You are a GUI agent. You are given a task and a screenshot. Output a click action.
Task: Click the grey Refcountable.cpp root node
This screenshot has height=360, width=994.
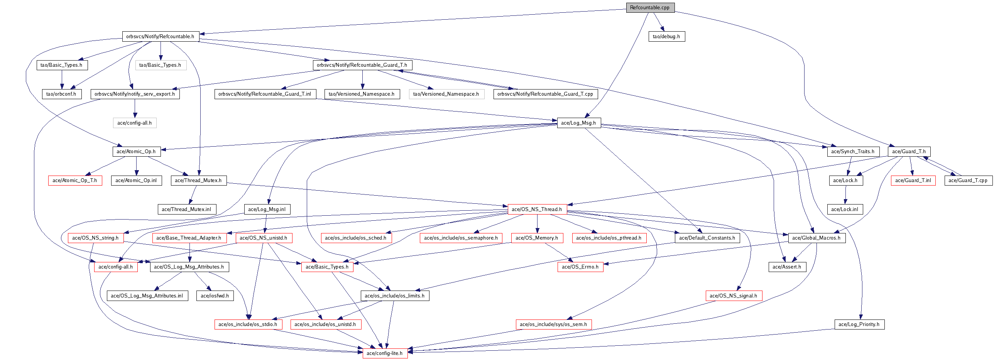tap(650, 8)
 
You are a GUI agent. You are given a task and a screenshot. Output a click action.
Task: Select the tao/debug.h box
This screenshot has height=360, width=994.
tap(666, 37)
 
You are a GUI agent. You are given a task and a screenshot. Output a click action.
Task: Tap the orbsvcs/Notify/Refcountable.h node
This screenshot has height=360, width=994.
tap(160, 37)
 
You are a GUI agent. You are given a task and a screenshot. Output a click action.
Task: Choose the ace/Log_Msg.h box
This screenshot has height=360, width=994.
tap(578, 123)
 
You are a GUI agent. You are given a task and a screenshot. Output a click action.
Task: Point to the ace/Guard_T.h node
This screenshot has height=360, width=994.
tap(909, 152)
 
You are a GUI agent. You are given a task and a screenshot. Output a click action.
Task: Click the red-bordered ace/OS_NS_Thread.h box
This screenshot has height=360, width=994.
tap(537, 210)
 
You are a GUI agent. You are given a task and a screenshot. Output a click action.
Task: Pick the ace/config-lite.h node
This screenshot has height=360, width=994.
tap(385, 353)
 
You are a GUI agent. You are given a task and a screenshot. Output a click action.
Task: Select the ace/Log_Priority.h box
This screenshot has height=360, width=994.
tap(859, 325)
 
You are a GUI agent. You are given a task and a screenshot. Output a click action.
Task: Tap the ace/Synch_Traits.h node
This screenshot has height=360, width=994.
tap(853, 152)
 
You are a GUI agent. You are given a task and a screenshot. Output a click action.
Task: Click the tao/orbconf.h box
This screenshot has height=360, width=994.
tap(61, 94)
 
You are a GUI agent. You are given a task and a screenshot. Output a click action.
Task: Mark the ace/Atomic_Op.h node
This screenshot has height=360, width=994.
tap(136, 152)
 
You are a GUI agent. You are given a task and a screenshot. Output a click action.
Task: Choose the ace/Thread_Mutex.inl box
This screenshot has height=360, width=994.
tap(186, 210)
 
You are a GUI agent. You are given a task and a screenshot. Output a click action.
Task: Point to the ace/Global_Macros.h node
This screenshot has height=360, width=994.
tap(816, 238)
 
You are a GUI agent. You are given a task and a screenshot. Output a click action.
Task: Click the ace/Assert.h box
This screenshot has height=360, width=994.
tap(787, 267)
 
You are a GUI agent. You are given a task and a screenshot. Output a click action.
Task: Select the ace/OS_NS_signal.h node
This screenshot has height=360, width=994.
tap(734, 296)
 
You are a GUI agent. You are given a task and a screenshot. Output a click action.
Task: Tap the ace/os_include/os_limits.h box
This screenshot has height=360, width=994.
tap(395, 296)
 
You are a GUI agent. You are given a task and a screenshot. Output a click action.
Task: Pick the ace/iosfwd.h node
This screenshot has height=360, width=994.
tap(215, 296)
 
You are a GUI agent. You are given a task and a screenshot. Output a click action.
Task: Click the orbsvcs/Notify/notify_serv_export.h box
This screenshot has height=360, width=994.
tap(135, 94)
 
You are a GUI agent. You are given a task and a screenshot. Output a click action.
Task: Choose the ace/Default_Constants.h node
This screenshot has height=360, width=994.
tap(707, 238)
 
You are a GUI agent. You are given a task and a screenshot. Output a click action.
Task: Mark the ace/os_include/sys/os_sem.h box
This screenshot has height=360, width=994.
tap(553, 325)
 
